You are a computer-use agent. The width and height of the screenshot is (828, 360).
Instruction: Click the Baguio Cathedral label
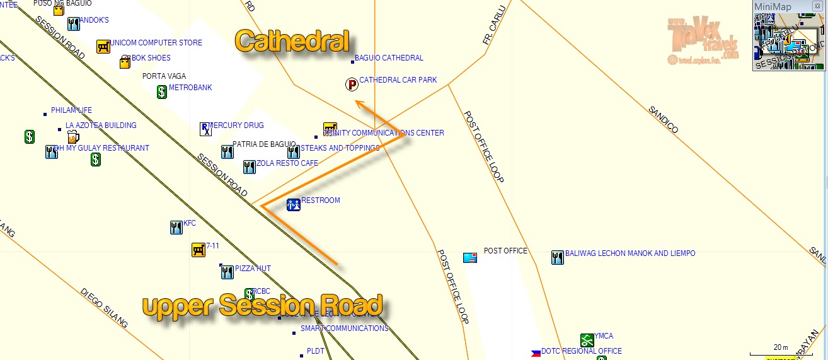(x=389, y=58)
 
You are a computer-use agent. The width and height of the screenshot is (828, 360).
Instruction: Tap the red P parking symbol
(x=352, y=84)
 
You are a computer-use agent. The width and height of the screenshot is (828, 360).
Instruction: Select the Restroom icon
(x=294, y=204)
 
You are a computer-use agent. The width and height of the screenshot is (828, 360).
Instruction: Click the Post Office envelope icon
(x=470, y=257)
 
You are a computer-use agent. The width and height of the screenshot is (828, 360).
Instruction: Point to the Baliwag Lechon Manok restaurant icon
(x=558, y=257)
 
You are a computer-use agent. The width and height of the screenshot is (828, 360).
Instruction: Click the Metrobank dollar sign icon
(x=161, y=91)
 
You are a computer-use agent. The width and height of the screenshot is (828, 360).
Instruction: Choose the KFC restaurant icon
(x=176, y=228)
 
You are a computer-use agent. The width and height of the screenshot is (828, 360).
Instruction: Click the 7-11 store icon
(x=198, y=250)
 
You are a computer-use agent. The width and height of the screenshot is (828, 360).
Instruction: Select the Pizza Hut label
(x=253, y=269)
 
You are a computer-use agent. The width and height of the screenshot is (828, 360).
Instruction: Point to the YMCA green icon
(x=587, y=340)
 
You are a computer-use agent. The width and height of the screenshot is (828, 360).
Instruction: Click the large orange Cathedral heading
(x=292, y=42)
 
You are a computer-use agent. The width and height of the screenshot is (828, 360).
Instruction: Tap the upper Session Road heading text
(x=262, y=306)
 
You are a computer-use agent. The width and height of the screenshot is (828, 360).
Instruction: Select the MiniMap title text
(x=773, y=7)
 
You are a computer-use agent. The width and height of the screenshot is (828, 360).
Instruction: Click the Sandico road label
(x=663, y=120)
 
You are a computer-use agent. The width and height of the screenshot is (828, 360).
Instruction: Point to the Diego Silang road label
(x=104, y=308)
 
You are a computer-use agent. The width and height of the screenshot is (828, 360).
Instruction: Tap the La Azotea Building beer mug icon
(x=73, y=137)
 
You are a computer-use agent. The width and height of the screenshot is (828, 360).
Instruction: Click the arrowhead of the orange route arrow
(x=357, y=102)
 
